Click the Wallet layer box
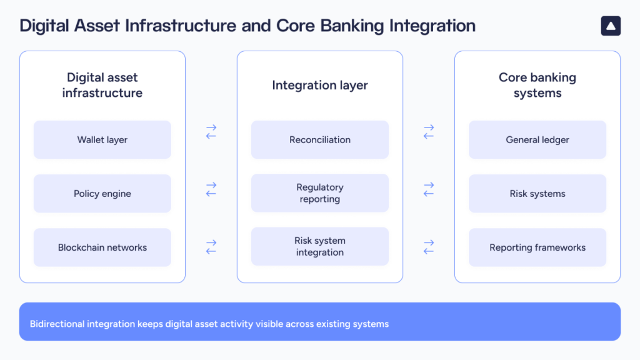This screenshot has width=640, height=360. (x=102, y=140)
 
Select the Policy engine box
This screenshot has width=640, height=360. (x=102, y=194)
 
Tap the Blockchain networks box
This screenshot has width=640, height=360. (x=102, y=247)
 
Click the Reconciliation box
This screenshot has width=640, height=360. (x=319, y=140)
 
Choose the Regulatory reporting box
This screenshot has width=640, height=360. (x=319, y=193)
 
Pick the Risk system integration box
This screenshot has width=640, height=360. (x=319, y=246)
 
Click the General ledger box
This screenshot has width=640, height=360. (x=537, y=140)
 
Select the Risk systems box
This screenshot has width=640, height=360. (x=537, y=194)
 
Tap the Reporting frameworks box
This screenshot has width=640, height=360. (x=537, y=247)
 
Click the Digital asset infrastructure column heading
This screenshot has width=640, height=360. (x=102, y=86)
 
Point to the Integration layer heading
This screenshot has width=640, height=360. (x=319, y=86)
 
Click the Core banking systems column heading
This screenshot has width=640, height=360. (x=537, y=86)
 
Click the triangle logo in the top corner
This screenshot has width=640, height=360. (x=611, y=26)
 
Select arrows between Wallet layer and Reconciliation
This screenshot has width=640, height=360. (x=211, y=132)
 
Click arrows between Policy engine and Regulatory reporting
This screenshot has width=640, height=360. (x=211, y=189)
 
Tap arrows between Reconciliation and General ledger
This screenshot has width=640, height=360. (x=429, y=132)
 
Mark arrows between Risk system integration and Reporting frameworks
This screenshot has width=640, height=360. (x=429, y=247)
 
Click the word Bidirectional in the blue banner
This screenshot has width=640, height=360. (x=57, y=324)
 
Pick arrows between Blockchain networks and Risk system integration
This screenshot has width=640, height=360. (x=211, y=247)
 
